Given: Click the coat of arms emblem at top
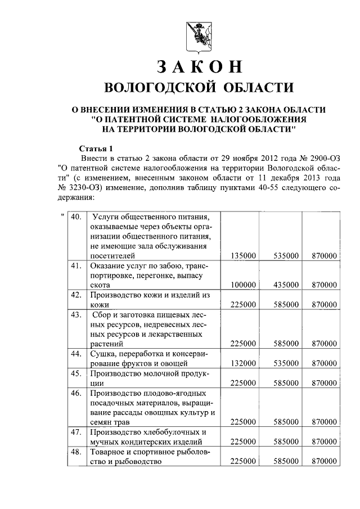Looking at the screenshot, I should pyautogui.click(x=195, y=34).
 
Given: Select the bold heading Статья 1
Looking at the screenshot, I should pyautogui.click(x=96, y=149).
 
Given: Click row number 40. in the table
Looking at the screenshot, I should pyautogui.click(x=76, y=217).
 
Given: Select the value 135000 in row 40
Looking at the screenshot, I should pyautogui.click(x=244, y=255).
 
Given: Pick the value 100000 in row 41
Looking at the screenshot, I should pyautogui.click(x=244, y=285).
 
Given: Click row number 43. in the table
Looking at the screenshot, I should pyautogui.click(x=76, y=314).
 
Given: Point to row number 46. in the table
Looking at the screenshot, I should pyautogui.click(x=76, y=393).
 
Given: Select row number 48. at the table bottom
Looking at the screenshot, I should pyautogui.click(x=76, y=452).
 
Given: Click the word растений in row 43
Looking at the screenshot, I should pyautogui.click(x=106, y=343).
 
